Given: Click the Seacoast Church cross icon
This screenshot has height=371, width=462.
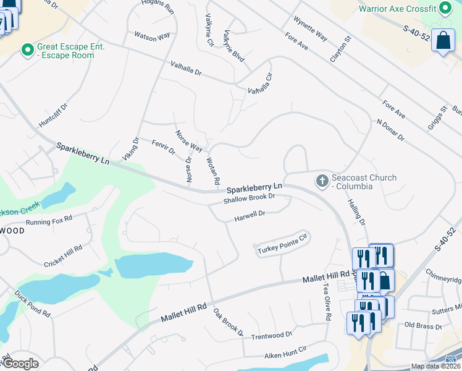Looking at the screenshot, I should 321,181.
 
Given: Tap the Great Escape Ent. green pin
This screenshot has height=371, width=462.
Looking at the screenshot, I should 27,50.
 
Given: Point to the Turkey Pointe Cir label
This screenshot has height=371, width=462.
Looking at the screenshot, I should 282,244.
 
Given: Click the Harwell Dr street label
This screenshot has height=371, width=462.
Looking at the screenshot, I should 250,216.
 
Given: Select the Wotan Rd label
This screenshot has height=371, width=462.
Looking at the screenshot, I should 212,171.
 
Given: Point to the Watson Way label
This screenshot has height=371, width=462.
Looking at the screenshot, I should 152,36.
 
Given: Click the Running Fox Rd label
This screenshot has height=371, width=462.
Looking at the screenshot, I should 49,220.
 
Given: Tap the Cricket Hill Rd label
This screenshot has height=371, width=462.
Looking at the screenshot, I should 63,256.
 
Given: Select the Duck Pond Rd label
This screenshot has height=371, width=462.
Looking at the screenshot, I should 32,303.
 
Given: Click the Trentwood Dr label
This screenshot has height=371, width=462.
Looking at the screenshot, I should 272,335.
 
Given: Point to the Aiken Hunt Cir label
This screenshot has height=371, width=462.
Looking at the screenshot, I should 285,351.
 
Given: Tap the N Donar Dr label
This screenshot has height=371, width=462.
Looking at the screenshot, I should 390,129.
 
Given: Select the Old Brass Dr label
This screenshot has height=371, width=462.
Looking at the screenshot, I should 423,325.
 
